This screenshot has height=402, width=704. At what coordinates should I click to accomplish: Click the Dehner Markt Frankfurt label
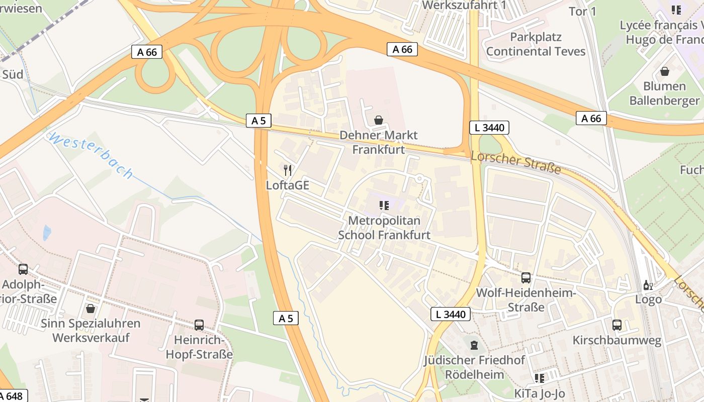[378, 142]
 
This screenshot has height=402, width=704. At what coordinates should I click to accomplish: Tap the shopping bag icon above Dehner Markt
[378, 120]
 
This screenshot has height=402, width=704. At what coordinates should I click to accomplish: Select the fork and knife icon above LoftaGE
[287, 170]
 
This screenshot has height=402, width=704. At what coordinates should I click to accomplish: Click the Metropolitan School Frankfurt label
[384, 228]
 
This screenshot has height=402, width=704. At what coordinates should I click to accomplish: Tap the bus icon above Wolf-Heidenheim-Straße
[525, 277]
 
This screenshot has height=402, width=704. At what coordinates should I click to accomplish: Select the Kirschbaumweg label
[617, 341]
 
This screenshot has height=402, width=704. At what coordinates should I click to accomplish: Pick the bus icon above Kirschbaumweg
[617, 325]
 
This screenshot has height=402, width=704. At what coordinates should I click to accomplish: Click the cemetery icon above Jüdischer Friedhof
[474, 345]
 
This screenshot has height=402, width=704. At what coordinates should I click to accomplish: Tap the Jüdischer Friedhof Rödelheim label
[474, 367]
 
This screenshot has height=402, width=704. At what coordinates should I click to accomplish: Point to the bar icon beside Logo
[648, 285]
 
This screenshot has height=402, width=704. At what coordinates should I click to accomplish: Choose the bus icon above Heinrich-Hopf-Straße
[199, 325]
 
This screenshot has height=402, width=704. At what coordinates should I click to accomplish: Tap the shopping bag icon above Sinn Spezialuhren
[91, 308]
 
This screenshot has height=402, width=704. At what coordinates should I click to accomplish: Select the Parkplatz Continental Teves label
[536, 44]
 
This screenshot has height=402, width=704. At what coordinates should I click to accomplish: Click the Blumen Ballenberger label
[664, 93]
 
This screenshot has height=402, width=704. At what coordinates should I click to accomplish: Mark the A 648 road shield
[12, 396]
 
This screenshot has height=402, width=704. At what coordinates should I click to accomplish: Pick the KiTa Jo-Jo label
[540, 393]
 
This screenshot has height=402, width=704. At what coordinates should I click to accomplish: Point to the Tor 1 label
[582, 11]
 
